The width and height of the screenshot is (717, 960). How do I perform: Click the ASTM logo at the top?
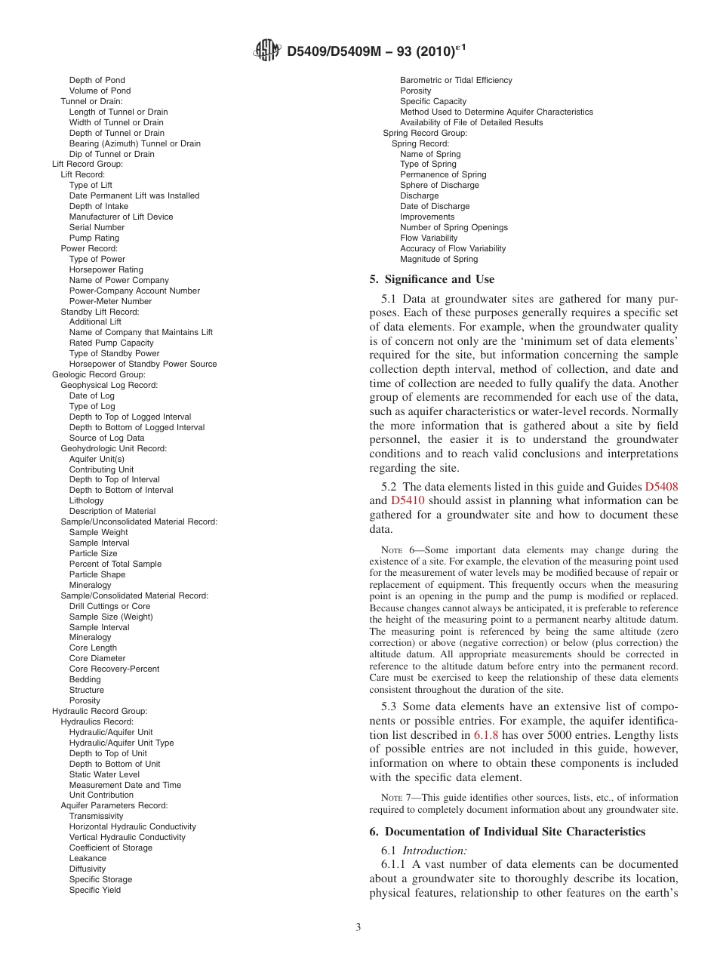[268, 51]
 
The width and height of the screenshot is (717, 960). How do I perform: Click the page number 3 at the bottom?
[358, 927]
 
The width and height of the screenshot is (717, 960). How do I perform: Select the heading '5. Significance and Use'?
[432, 279]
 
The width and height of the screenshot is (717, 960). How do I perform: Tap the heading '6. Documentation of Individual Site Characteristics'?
[507, 832]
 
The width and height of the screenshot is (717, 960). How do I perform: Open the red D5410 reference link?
[408, 500]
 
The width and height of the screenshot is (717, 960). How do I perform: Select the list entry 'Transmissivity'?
[96, 816]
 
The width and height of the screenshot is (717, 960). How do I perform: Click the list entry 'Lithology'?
[87, 500]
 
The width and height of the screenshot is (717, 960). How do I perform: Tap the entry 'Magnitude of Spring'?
[439, 259]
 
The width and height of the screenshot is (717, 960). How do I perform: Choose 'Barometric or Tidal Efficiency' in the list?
[456, 80]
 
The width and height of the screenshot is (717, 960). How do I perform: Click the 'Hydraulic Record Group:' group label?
[100, 711]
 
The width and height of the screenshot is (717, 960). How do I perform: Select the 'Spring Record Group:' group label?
[425, 133]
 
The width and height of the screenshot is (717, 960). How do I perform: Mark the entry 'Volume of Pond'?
[100, 91]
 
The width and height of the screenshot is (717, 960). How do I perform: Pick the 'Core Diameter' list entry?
[97, 658]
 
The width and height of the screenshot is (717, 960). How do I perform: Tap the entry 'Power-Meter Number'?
[110, 301]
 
